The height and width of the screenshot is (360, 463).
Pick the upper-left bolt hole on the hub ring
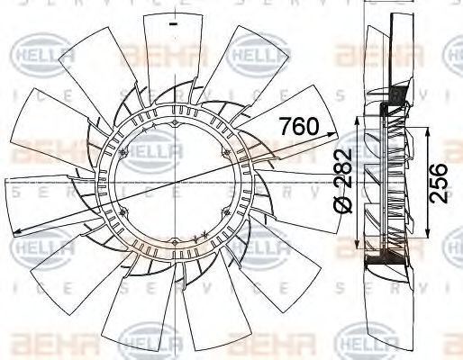(x=123, y=150)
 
